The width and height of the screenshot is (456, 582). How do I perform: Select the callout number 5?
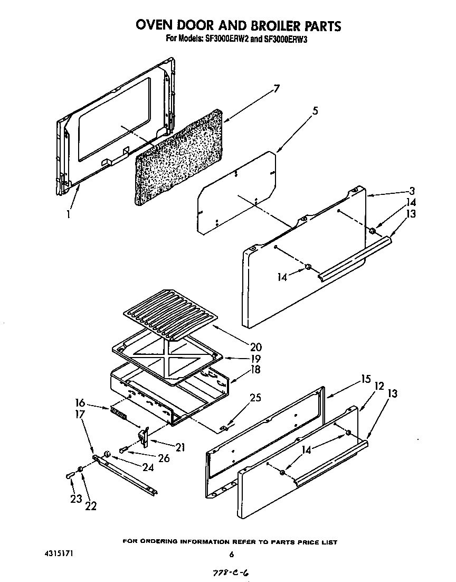point(315,111)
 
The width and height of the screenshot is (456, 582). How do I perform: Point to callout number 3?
point(412,191)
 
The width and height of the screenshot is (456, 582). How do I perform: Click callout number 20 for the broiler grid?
point(255,347)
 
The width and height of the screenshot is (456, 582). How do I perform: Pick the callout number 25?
point(256,398)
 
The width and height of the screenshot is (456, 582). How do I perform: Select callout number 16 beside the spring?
point(81,402)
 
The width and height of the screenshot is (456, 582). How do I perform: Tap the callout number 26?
point(163,458)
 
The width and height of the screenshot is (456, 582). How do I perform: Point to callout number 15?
point(366,379)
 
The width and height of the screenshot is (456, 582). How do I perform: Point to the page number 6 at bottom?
point(231,554)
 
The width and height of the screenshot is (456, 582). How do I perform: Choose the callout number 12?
point(379,387)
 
